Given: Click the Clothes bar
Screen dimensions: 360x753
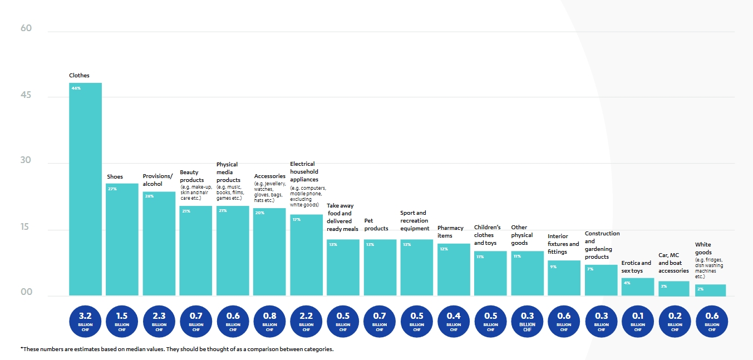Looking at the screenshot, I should (85, 189).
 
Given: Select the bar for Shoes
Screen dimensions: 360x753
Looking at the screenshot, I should (122, 239).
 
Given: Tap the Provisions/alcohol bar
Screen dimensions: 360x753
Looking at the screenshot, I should (159, 244).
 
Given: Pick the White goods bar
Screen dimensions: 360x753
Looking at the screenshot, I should (710, 290).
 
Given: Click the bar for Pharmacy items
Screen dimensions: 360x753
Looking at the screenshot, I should (454, 269).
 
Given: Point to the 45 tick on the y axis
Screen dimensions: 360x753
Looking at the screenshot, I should (27, 96).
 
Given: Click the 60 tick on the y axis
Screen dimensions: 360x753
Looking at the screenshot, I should (27, 28).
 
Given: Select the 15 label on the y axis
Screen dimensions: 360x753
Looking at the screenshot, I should (27, 228).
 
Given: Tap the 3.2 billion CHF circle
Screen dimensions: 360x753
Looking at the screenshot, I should (85, 321).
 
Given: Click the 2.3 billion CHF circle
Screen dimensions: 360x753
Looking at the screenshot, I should (159, 321).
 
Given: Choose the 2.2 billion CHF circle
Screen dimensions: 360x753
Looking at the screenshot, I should (306, 321).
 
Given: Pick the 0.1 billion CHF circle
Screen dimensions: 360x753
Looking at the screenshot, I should (638, 321).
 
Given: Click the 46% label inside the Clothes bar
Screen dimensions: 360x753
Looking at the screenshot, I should (76, 88).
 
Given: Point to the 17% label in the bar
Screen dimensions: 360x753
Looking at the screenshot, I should (297, 220).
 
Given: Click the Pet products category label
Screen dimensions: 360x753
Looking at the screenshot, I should (376, 225).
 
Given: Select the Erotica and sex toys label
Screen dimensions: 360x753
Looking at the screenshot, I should (636, 267).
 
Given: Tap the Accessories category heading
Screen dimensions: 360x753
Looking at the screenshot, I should (269, 176).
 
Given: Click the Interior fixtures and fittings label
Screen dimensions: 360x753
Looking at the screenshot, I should (563, 244).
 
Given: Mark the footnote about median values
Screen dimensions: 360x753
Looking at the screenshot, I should (177, 349).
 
